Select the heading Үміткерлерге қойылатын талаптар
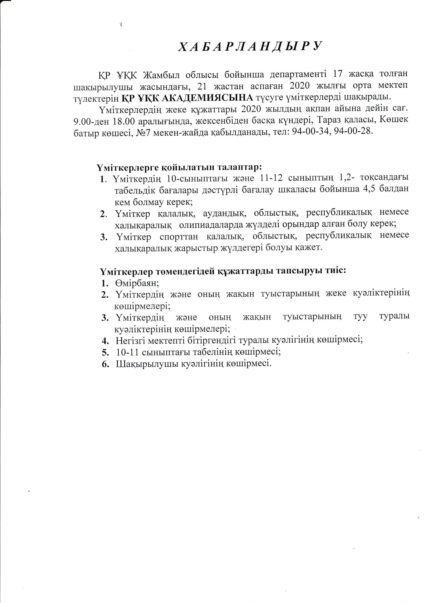tap(179, 167)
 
